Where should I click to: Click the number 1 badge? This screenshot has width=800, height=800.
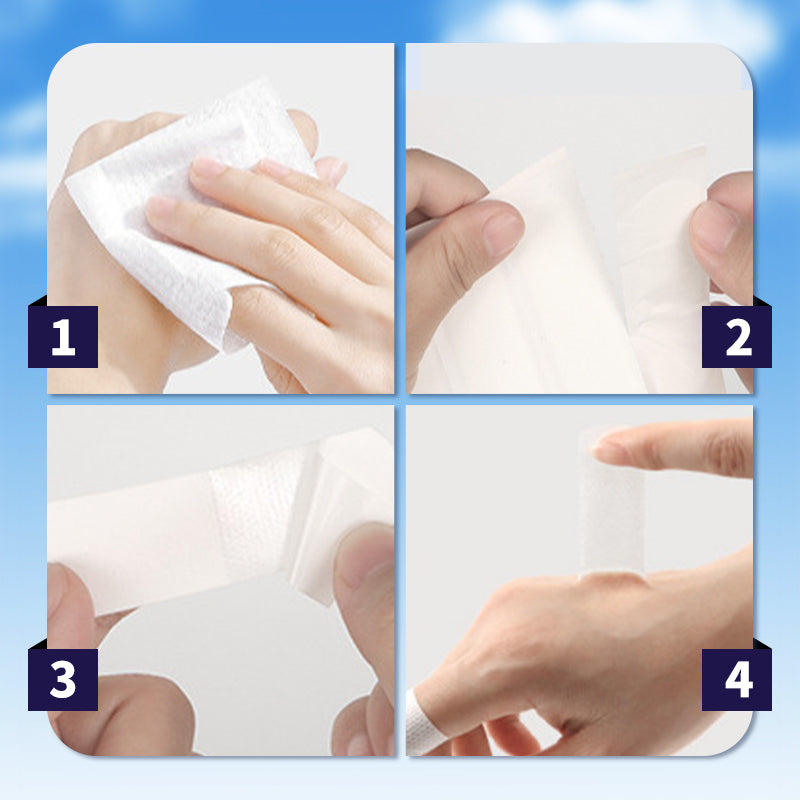click(x=63, y=337)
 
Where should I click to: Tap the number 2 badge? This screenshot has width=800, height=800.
click(x=737, y=337)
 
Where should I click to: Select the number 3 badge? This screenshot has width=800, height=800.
click(x=63, y=680)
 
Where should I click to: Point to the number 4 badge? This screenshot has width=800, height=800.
click(x=737, y=680)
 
